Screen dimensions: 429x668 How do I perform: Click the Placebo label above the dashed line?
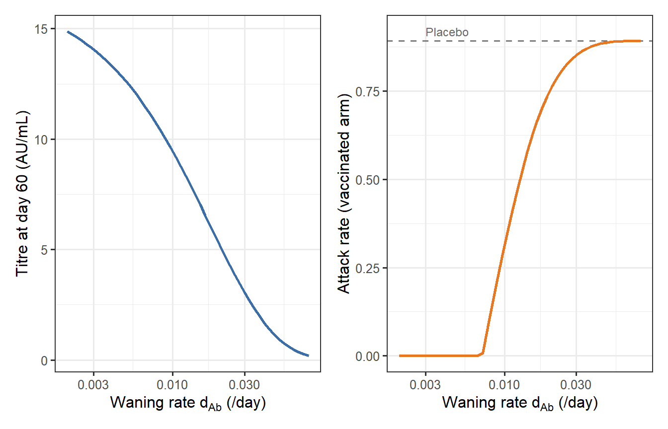447,33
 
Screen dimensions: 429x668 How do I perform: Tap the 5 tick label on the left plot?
45,250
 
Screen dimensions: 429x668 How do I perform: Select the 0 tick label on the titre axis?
45,360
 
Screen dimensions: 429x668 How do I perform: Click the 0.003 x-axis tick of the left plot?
93,385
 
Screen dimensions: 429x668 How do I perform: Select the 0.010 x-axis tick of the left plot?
172,385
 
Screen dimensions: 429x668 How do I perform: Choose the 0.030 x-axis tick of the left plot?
244,385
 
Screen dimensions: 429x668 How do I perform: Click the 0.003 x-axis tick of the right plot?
425,385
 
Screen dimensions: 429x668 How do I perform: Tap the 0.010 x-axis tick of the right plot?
504,385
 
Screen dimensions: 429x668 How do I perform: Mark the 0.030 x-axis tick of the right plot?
576,385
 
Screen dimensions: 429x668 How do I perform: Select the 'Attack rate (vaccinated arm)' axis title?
344,194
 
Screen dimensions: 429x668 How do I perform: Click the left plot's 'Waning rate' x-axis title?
188,403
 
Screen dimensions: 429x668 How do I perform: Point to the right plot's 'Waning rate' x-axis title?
519,403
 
